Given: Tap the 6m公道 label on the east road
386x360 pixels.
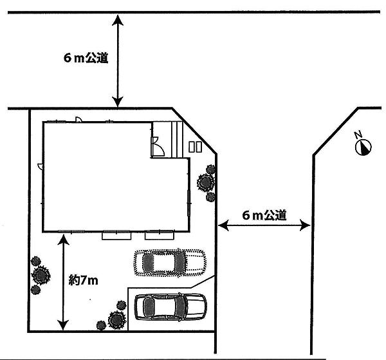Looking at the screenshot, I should click(264, 216).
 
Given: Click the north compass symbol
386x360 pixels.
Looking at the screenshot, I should click(363, 147).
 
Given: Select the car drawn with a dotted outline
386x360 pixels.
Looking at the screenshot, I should click(170, 262).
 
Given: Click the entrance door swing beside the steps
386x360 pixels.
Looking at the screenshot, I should click(155, 147).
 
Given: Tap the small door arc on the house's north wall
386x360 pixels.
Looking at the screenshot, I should click(78, 119).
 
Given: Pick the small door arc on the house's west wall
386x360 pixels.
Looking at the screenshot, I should click(40, 166).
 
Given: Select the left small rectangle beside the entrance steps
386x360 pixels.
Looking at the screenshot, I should click(192, 147).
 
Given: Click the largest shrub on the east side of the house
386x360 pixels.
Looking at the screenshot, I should click(205, 182).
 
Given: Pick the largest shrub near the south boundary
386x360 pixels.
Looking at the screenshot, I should click(116, 319).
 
